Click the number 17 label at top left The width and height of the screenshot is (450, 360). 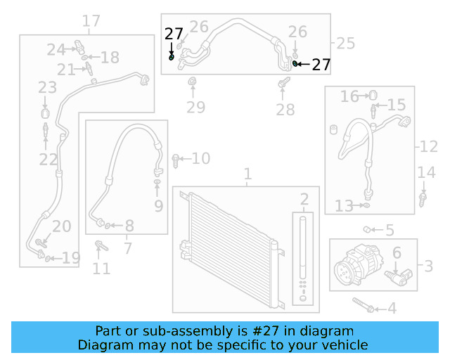[x=91, y=21]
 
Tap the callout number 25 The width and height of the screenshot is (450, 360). [x=345, y=44]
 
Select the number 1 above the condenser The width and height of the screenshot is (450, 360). [x=247, y=174]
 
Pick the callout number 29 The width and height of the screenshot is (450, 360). [x=195, y=108]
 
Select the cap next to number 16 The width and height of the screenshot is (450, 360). [x=373, y=95]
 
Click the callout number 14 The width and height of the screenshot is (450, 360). [x=427, y=173]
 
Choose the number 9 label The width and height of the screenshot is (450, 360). [x=158, y=206]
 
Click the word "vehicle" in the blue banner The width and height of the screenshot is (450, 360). [x=342, y=345]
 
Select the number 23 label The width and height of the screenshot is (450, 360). [x=48, y=88]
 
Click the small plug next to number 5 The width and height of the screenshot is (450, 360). [x=368, y=229]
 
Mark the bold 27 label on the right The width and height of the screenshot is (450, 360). [x=321, y=65]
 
